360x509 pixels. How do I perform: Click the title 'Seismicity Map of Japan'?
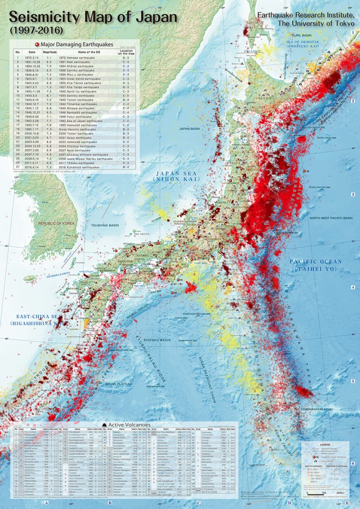(x=92, y=17)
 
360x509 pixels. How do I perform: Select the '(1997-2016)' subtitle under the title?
(x=30, y=30)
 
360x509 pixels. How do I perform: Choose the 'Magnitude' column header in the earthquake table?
(x=49, y=52)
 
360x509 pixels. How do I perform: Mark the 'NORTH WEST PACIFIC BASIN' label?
(x=331, y=218)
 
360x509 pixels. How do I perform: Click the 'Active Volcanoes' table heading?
(x=126, y=424)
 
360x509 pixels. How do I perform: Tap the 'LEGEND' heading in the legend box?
(x=325, y=444)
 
